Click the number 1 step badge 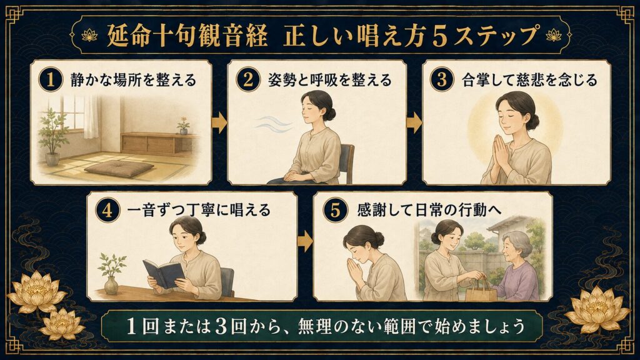51,79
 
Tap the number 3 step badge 441,79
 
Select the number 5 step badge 335,210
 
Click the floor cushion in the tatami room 119,167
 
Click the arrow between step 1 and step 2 219,123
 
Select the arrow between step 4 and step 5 305,242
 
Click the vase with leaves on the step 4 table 111,274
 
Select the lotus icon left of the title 89,36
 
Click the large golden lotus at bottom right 597,309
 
